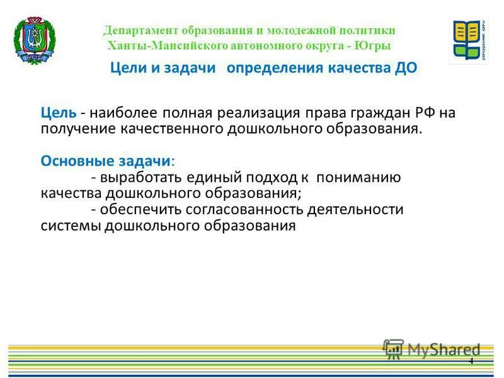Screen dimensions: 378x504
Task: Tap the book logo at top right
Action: (x=469, y=41)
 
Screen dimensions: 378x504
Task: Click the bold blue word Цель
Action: (x=59, y=113)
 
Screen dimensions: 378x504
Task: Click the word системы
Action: (x=71, y=226)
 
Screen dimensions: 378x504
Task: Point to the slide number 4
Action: (x=471, y=360)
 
